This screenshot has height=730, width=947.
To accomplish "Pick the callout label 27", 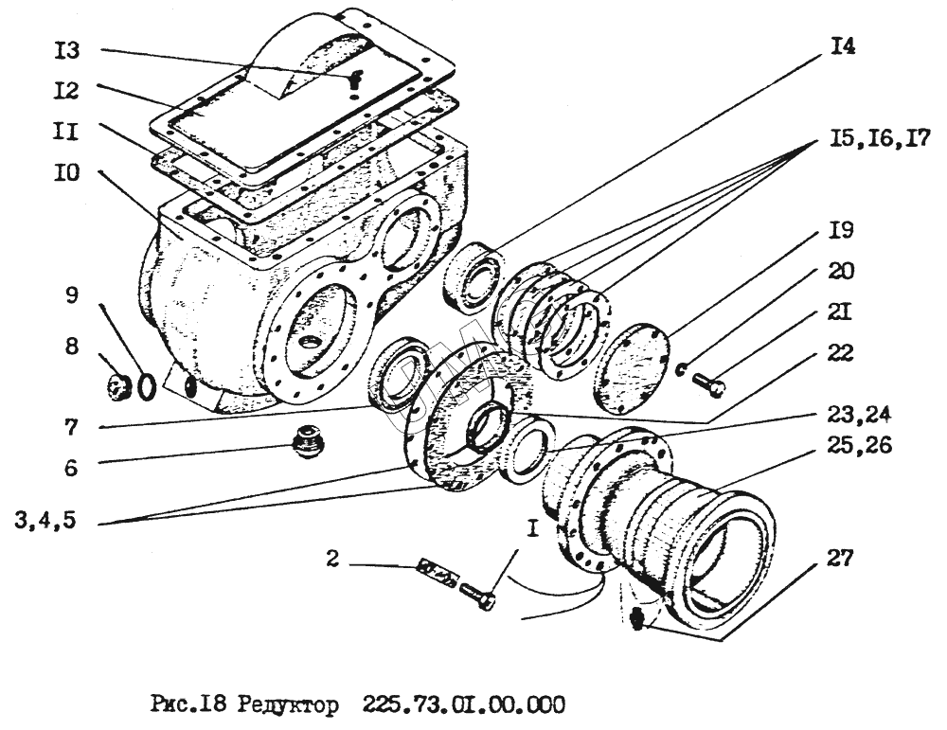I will click(x=838, y=561).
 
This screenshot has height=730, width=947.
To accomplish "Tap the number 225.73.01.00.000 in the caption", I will click(x=464, y=706).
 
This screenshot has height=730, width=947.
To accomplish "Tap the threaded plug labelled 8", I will click(x=118, y=386).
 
